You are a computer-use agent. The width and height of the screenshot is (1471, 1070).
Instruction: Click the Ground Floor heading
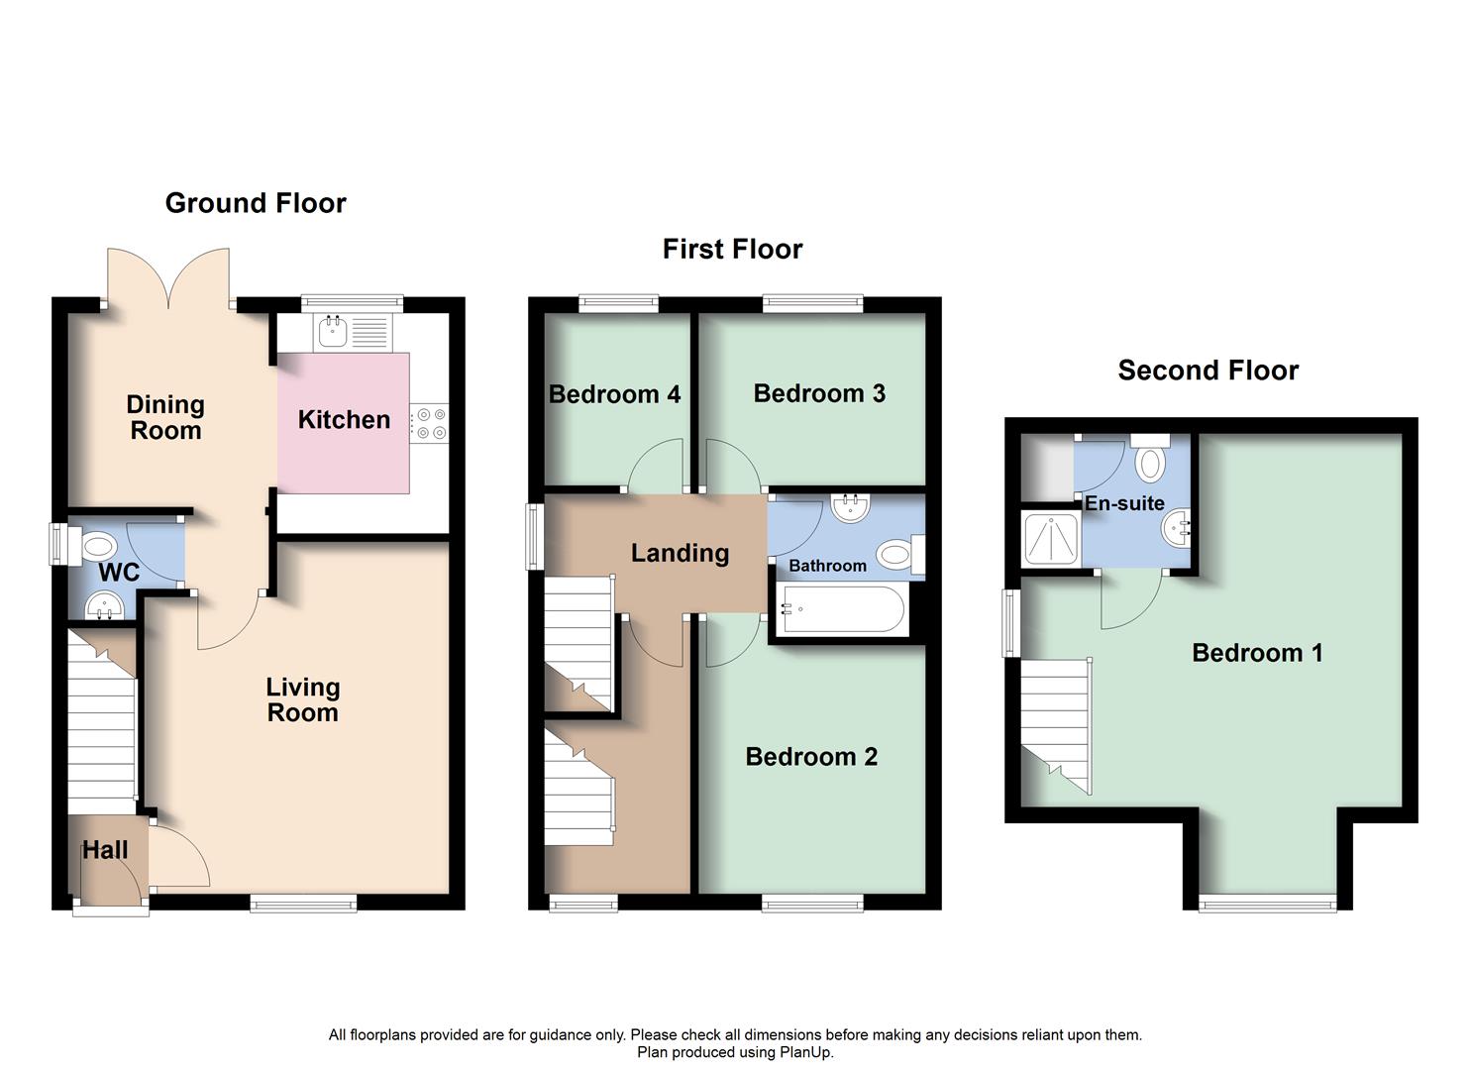256,203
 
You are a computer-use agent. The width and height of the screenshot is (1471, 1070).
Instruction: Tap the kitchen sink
332,332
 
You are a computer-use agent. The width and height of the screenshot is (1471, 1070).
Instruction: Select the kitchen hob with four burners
430,423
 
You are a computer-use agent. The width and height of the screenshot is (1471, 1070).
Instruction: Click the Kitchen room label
344,420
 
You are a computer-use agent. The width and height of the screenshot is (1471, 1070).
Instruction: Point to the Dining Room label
165,417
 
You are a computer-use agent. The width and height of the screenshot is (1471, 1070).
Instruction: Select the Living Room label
302,699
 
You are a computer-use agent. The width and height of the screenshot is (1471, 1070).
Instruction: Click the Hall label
105,850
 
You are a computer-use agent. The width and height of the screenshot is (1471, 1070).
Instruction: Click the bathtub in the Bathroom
843,609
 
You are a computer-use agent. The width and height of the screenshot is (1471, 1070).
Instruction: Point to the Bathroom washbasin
850,509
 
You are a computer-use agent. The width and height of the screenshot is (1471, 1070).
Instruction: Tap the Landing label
680,553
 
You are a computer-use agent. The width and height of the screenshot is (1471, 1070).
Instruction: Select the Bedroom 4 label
614,394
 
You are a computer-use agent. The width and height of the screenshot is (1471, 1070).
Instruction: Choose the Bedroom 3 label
819,393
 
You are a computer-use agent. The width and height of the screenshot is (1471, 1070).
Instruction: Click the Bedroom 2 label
811,757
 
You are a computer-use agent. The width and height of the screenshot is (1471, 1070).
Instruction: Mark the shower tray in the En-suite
1050,539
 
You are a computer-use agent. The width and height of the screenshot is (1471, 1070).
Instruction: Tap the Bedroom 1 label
1257,653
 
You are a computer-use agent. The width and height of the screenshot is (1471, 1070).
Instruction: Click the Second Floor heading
1208,371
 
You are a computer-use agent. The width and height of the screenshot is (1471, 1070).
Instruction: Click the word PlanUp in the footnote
807,1052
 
